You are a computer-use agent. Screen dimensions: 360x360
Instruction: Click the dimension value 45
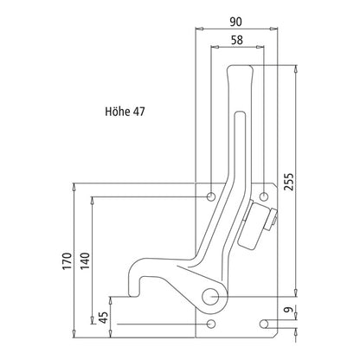point(104,318)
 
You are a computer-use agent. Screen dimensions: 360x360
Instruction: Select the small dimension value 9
point(288,312)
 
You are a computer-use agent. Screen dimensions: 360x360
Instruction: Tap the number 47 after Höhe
point(139,112)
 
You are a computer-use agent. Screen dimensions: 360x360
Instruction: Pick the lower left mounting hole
point(212,325)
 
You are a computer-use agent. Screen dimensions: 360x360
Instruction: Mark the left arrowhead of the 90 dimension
point(202,29)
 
